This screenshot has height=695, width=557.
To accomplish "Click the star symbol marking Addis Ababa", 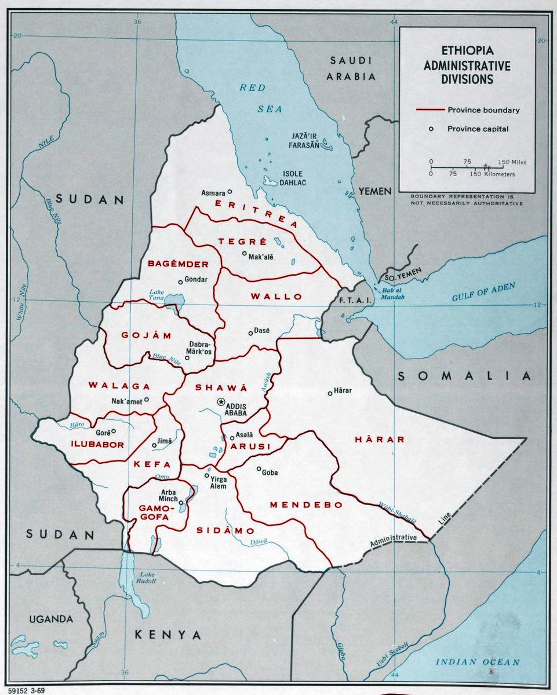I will tap(221, 401).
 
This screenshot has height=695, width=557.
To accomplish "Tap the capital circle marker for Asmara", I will tap(230, 191).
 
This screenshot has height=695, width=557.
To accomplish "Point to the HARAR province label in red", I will tap(380, 440).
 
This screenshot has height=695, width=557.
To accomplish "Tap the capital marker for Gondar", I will tap(181, 281).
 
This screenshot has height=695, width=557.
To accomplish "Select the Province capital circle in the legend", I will tap(431, 129).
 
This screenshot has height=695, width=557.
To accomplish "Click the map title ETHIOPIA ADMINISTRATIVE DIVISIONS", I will tap(467, 66).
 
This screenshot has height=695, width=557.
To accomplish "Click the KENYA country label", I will tap(168, 635).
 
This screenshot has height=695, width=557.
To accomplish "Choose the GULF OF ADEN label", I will tap(483, 292).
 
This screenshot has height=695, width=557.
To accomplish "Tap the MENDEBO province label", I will tap(306, 505).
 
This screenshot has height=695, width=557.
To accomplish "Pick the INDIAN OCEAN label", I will tap(478, 662).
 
